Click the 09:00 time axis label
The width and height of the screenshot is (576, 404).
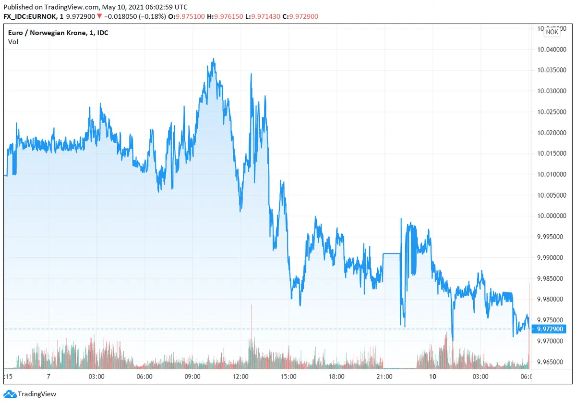click(x=192, y=377)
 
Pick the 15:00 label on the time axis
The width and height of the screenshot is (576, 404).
click(x=288, y=377)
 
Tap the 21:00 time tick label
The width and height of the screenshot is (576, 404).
click(x=384, y=377)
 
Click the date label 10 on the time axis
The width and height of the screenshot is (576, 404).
click(x=433, y=377)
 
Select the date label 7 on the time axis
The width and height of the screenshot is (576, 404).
click(x=48, y=377)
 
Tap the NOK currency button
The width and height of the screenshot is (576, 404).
click(x=552, y=32)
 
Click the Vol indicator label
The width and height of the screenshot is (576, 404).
click(x=13, y=42)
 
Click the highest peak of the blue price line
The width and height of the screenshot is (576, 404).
click(x=213, y=60)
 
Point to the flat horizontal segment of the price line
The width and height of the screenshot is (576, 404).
click(x=392, y=253)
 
